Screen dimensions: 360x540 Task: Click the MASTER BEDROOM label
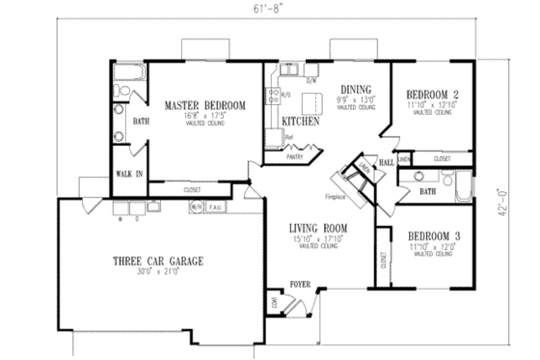click(x=204, y=104)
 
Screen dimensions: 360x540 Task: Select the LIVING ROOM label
click(x=318, y=229)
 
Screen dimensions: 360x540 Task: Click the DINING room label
click(x=343, y=88)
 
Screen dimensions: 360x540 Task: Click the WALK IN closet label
click(x=130, y=175)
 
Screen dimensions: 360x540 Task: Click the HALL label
click(x=387, y=162)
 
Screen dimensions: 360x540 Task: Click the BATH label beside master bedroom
click(x=140, y=122)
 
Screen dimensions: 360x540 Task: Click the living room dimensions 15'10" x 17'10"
click(x=318, y=238)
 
